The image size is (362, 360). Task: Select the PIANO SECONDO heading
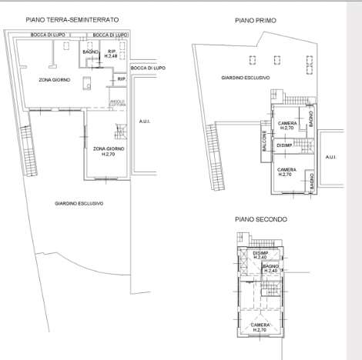pos(261,219)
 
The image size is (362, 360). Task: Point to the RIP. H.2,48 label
pos(111,55)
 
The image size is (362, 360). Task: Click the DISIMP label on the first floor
pos(284,145)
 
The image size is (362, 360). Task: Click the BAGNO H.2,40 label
pos(270,268)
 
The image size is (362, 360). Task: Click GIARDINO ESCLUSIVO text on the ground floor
pos(79,203)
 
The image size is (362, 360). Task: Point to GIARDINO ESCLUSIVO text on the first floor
pos(244,78)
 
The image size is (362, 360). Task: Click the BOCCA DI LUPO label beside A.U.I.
pos(147,68)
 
